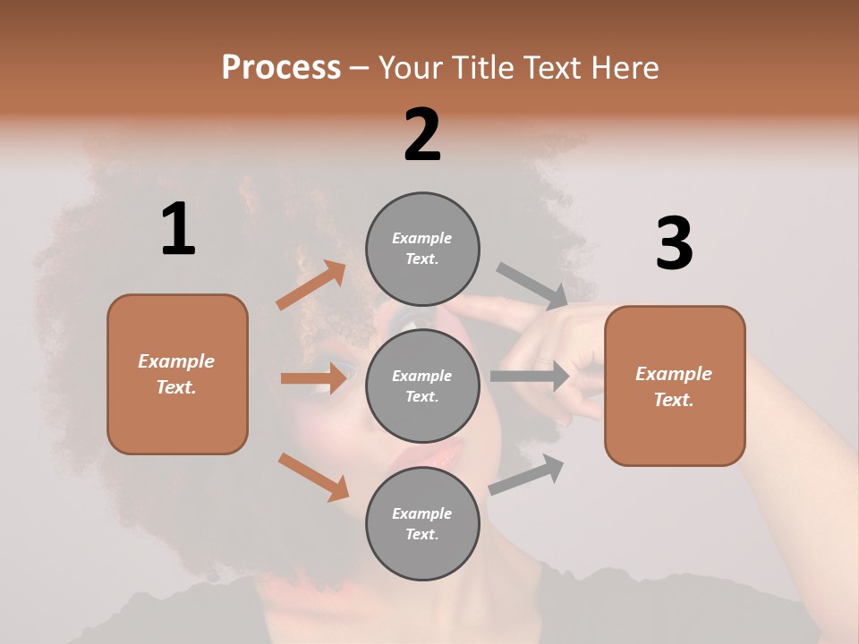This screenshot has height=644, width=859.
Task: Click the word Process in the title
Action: point(281,68)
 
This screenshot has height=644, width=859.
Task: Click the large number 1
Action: point(178,230)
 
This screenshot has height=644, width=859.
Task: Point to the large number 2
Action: point(422,135)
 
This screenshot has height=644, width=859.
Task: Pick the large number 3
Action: point(674,244)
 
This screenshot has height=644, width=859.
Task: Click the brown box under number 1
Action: point(177,374)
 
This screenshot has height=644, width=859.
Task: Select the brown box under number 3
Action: point(675,386)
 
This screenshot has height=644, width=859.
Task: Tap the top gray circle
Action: point(422,249)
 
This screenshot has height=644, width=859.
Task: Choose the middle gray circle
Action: point(422,386)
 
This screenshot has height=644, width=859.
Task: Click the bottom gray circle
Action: point(422,523)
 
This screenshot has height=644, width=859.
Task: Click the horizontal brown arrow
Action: point(313,378)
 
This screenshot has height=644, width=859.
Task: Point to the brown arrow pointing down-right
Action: point(313,477)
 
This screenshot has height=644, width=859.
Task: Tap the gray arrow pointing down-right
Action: point(532,286)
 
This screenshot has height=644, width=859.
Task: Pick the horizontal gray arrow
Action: point(530,377)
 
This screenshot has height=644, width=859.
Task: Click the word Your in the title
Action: point(411,68)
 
